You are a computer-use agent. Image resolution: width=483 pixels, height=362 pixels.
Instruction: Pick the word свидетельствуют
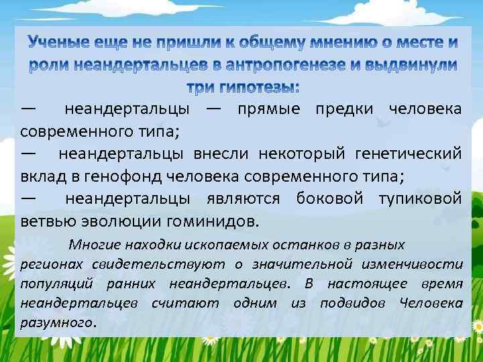point(144,264)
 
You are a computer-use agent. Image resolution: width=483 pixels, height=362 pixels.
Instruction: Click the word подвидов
point(355,303)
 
